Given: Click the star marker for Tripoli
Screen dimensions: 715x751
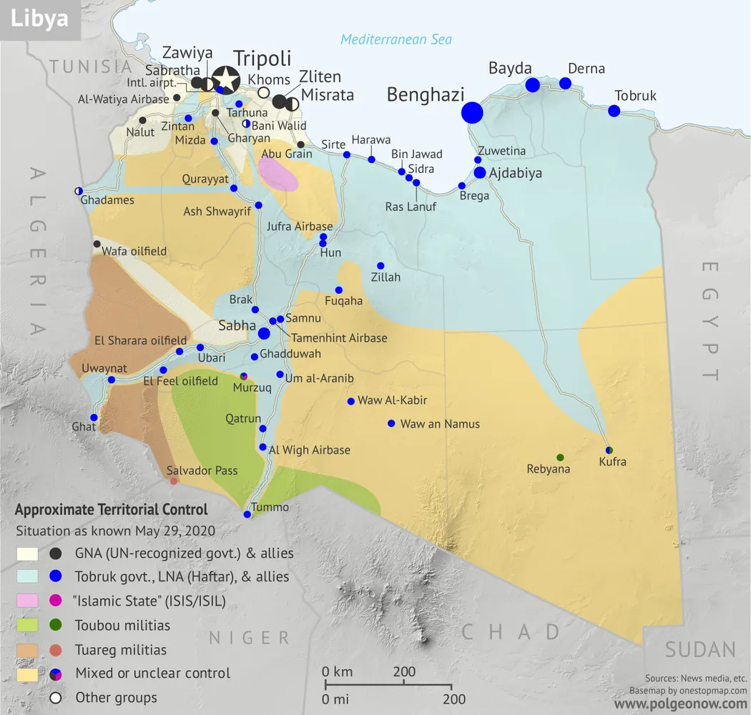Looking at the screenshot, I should click(226, 79).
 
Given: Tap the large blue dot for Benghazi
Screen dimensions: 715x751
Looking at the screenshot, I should click(472, 112).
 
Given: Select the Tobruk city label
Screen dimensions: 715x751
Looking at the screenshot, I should click(635, 96).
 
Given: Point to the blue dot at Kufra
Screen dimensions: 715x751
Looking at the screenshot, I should click(609, 450).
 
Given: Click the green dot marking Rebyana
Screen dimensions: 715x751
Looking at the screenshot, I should click(560, 457).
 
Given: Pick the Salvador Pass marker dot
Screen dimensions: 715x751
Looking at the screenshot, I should click(174, 481).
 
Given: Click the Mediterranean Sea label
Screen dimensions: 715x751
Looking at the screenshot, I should click(396, 39).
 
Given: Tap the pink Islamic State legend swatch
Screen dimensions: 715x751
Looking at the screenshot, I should click(27, 601).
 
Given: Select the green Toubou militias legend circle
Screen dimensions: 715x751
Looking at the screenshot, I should click(56, 626).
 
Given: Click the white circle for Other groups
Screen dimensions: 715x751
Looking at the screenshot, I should click(56, 698).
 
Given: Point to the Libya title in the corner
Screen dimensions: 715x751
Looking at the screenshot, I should click(39, 19).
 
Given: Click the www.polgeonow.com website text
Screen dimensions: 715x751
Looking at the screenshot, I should click(680, 704).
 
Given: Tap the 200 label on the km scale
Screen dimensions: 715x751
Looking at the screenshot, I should click(404, 671).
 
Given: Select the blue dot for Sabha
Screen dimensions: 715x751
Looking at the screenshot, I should click(264, 333).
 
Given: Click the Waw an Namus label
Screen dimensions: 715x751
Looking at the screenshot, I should click(439, 424).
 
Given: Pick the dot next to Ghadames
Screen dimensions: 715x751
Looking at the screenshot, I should click(79, 190).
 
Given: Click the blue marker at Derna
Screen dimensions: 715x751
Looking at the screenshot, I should click(565, 83).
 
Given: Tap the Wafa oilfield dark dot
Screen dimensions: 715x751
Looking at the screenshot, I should click(97, 244).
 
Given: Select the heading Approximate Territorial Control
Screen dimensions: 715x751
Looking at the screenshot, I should click(112, 510).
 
